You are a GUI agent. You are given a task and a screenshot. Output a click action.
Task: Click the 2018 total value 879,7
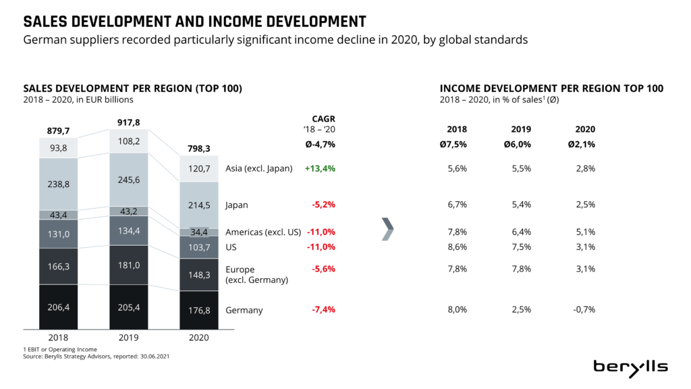click(x=58, y=131)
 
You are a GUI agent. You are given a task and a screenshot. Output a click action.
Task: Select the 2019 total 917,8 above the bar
click(x=128, y=122)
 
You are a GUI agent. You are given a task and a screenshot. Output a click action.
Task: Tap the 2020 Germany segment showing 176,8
click(x=198, y=311)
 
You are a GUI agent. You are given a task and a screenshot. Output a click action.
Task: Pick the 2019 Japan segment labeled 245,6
click(x=128, y=180)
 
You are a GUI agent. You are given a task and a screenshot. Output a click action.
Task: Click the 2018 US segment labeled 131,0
click(x=58, y=234)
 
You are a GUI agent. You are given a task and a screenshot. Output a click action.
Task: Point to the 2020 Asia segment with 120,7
click(x=198, y=169)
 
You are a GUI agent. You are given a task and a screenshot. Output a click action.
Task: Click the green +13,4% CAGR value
click(x=321, y=169)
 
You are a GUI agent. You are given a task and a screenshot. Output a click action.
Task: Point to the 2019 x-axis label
click(x=128, y=337)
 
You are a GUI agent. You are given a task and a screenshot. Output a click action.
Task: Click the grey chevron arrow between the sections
click(x=387, y=228)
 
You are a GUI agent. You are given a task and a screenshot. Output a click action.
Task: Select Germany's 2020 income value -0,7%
click(x=584, y=310)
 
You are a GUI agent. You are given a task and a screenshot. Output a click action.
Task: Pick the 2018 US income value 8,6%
click(x=457, y=247)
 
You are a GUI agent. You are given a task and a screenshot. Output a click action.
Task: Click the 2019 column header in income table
click(x=521, y=129)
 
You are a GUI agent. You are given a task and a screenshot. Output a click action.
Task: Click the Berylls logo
click(x=630, y=366)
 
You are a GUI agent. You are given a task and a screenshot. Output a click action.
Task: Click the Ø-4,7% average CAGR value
click(x=320, y=144)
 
